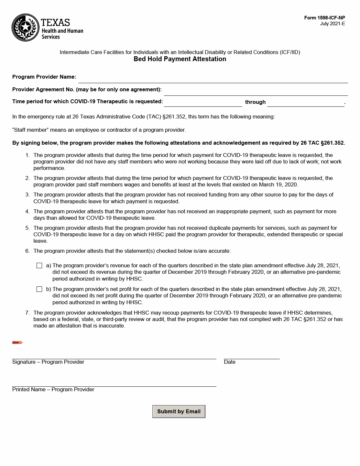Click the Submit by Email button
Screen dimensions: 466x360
179,411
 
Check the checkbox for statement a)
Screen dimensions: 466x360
39,266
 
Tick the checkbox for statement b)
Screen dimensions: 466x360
39,289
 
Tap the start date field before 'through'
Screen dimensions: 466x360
203,103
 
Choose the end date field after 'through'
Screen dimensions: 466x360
306,103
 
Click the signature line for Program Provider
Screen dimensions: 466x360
114,355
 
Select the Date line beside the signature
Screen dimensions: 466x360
252,355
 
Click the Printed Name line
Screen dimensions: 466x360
114,383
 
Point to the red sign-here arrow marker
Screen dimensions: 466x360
17,342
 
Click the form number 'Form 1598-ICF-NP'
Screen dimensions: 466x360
324,18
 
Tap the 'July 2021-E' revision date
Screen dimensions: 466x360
333,24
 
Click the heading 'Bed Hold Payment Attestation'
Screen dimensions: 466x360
180,59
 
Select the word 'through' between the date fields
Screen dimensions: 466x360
255,102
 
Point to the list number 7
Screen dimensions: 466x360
27,313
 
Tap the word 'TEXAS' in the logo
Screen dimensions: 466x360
55,22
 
